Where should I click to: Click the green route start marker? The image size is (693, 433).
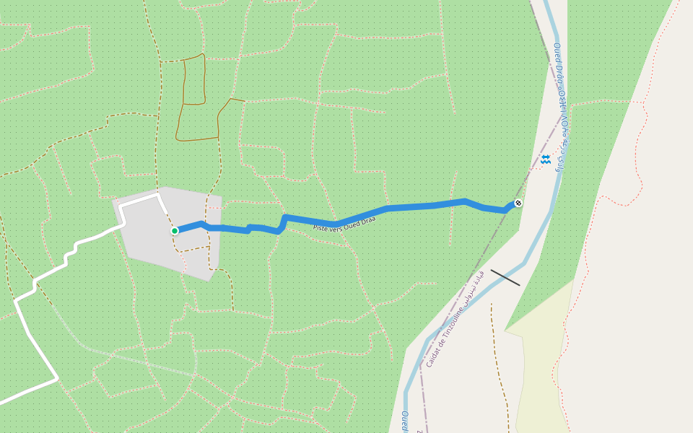click(175, 231)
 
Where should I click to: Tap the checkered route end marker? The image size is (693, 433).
click(518, 203)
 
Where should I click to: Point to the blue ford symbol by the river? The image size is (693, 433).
click(545, 159)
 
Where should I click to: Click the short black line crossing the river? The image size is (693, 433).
click(505, 277)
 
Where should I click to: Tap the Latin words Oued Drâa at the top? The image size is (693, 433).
click(558, 66)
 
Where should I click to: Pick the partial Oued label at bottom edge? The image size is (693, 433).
click(404, 421)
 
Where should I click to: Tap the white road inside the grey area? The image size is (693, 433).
click(141, 202)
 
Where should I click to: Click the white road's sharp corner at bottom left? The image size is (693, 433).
click(56, 378)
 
